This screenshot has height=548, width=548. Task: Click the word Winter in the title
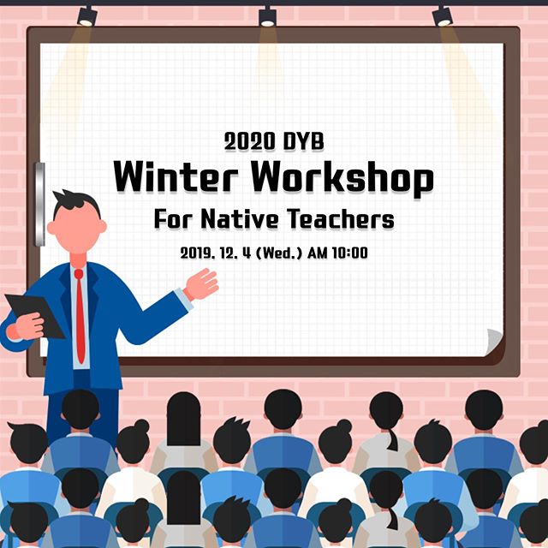point(176,176)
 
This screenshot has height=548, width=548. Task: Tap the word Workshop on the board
point(342,179)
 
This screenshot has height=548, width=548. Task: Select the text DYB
point(303,141)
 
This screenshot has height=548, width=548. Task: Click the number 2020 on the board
point(249,141)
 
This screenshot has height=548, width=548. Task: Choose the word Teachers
point(341,219)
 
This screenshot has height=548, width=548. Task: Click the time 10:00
point(349,253)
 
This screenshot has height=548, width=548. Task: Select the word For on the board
point(173,219)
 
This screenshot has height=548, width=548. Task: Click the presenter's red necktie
point(80,316)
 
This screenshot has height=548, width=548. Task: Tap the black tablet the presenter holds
point(35,316)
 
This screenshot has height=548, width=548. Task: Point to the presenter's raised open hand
point(201,284)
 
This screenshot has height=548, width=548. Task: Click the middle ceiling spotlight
point(267,16)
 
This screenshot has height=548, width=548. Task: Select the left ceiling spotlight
point(87,16)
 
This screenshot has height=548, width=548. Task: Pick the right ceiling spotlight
point(442,16)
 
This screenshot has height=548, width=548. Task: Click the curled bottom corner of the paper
point(494,342)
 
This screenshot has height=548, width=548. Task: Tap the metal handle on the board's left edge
point(40,204)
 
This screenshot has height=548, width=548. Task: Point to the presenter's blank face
point(77,229)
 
